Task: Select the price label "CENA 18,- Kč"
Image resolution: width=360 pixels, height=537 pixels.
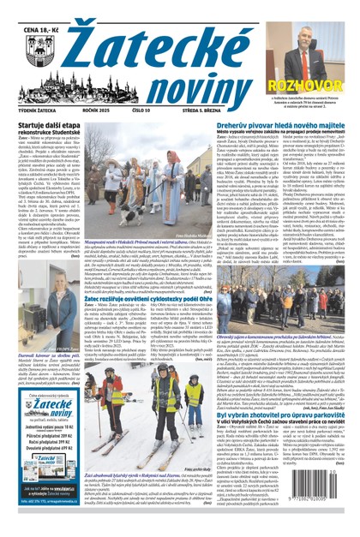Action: click(x=25, y=9)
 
